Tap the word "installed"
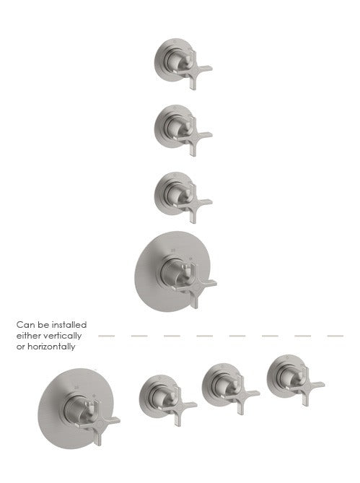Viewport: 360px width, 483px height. [x=69, y=325]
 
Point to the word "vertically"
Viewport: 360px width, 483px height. [x=62, y=336]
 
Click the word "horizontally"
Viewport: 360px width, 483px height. [x=51, y=347]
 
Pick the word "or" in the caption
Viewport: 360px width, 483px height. [x=20, y=347]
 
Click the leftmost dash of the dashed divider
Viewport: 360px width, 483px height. [x=107, y=336]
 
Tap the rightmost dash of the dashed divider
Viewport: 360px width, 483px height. [x=335, y=336]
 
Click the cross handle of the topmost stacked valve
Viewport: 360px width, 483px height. [x=193, y=71]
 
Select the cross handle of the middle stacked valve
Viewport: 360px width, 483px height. [x=193, y=137]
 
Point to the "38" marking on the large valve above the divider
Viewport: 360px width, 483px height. [x=173, y=251]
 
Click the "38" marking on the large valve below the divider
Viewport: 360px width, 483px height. [x=76, y=387]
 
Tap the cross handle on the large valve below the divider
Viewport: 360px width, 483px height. [x=100, y=423]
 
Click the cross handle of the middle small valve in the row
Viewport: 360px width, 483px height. [x=241, y=395]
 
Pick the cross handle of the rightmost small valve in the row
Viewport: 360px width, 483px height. [x=306, y=386]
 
